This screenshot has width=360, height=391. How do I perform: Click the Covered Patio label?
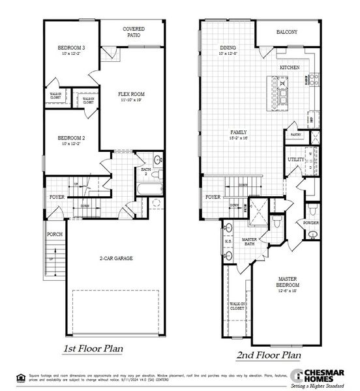pyautogui.click(x=134, y=32)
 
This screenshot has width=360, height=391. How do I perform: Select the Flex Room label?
pyautogui.click(x=130, y=95)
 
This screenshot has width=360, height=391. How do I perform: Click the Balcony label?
pyautogui.click(x=286, y=32)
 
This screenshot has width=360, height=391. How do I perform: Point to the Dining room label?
pyautogui.click(x=228, y=48)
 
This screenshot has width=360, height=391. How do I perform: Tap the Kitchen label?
pyautogui.click(x=289, y=67)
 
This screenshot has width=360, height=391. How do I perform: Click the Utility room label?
pyautogui.click(x=296, y=159)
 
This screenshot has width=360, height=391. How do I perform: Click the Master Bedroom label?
pyautogui.click(x=288, y=282)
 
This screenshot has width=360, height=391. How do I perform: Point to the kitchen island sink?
pyautogui.click(x=282, y=83)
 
